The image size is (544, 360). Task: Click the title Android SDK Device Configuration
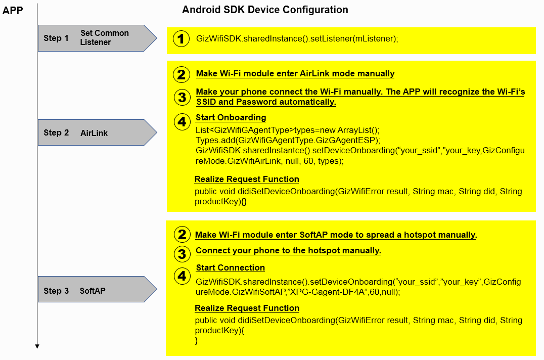265,10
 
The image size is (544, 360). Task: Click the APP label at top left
13,10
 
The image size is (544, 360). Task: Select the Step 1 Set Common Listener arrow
96,38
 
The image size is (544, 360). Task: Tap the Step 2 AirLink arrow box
96,133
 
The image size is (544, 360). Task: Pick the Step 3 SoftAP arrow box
96,291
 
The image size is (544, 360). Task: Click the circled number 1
181,39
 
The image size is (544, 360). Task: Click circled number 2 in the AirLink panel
181,74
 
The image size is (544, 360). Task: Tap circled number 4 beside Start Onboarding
181,121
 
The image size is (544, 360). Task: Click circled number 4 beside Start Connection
181,276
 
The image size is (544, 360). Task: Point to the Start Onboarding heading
231,118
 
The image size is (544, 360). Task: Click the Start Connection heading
230,268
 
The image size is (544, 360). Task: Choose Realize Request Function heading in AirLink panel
247,179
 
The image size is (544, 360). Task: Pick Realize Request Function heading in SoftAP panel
247,308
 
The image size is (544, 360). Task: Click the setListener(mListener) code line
297,39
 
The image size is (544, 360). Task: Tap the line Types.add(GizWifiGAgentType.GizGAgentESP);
281,140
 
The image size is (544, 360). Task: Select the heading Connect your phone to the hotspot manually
288,251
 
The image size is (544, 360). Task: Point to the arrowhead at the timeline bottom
37,346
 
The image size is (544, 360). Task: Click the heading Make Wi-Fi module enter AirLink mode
295,74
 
